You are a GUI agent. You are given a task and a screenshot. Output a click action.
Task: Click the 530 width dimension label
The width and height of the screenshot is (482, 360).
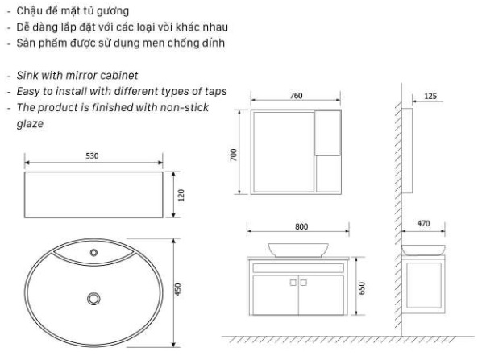(x=92, y=156)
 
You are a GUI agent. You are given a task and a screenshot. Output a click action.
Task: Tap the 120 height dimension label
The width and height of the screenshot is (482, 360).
(x=181, y=195)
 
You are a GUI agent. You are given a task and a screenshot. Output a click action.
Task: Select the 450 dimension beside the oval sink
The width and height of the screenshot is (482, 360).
(x=178, y=289)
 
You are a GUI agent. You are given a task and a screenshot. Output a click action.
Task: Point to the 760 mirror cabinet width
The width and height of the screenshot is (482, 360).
(x=296, y=96)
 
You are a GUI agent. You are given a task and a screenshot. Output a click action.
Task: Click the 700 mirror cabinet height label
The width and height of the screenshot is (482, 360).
(x=234, y=155)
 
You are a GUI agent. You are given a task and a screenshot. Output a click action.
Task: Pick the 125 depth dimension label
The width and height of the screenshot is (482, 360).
(x=430, y=96)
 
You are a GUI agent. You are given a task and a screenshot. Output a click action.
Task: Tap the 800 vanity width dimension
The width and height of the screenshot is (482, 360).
(x=301, y=226)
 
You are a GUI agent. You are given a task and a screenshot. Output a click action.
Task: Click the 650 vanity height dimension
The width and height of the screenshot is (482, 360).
(x=362, y=288)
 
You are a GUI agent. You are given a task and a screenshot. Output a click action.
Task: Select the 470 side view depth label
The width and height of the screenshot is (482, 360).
(x=423, y=224)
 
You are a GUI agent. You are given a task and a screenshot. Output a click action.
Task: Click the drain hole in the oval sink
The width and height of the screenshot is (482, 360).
(x=93, y=299)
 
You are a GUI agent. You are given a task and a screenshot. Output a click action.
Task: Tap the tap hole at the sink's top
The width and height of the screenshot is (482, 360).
(x=93, y=253)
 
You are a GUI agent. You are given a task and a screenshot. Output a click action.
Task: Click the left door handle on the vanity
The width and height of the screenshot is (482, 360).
(x=293, y=283)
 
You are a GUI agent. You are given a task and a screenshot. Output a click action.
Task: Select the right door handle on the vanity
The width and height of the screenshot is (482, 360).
(x=303, y=283)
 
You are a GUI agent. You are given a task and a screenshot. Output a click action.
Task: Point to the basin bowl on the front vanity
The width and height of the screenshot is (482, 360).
(x=298, y=250)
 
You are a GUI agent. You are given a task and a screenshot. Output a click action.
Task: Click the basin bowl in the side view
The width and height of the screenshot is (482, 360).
(x=423, y=250)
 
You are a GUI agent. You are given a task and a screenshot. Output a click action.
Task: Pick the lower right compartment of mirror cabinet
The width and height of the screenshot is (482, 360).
(x=328, y=174)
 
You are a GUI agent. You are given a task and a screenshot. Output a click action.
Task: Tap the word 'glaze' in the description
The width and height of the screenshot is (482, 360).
(x=30, y=124)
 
